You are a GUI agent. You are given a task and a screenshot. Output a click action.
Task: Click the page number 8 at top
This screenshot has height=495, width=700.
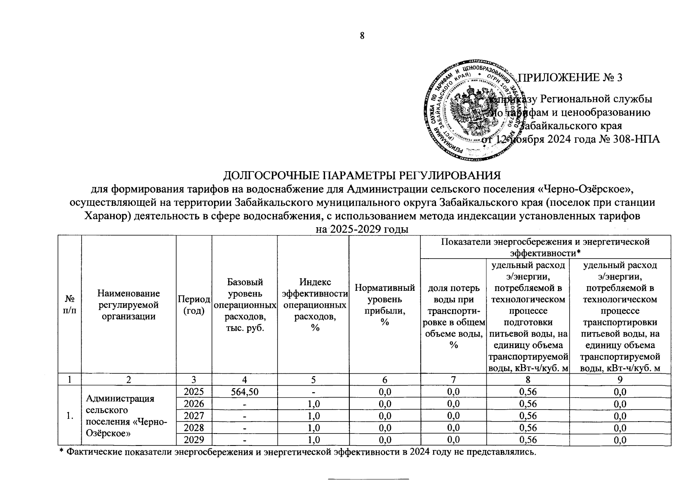pos(362,35)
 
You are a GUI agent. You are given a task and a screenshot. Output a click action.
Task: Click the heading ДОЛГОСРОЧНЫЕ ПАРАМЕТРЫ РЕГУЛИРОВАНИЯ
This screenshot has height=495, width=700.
pos(362,175)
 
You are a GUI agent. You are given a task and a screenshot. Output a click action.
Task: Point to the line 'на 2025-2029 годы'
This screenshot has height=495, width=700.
pos(362,229)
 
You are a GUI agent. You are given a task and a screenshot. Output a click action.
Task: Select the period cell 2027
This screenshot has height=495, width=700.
pos(194,415)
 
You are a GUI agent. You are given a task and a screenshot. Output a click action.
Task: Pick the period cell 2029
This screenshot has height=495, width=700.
pos(194,440)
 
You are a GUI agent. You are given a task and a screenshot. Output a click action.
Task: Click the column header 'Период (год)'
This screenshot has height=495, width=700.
pos(194,305)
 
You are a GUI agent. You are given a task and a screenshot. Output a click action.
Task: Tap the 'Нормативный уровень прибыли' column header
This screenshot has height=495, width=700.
pos(384,305)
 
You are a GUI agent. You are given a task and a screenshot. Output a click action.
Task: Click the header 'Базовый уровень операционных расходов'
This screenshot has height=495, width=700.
pos(245,305)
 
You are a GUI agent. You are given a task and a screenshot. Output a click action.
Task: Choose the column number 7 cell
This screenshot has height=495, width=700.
pos(453,379)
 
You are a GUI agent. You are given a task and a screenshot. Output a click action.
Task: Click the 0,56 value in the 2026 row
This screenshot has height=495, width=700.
pos(528,403)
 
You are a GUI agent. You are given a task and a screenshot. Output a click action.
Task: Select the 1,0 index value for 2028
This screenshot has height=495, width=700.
pos(313,428)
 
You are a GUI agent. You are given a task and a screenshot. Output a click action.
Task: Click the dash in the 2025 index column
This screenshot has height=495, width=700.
pos(313,391)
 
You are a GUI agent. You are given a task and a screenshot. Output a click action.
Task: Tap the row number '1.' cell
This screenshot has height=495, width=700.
pos(70,416)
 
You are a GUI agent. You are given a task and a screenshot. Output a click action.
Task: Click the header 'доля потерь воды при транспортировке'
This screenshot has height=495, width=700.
pos(453,316)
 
